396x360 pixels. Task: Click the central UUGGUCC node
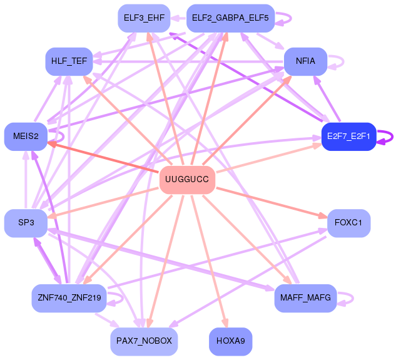pyautogui.click(x=188, y=180)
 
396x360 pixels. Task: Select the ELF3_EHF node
pyautogui.click(x=143, y=18)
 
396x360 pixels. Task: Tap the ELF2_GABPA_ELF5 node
pyautogui.click(x=230, y=18)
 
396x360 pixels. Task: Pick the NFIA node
pyautogui.click(x=305, y=62)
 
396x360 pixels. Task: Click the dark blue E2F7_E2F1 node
pyautogui.click(x=347, y=136)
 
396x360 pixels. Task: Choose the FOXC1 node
pyautogui.click(x=348, y=223)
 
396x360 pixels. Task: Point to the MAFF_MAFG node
pyautogui.click(x=305, y=297)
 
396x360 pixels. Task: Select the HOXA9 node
pyautogui.click(x=230, y=341)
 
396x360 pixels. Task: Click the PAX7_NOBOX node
pyautogui.click(x=143, y=341)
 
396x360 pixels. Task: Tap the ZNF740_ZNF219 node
pyautogui.click(x=69, y=298)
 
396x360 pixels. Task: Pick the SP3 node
pyautogui.click(x=26, y=223)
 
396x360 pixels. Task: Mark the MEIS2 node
pyautogui.click(x=26, y=136)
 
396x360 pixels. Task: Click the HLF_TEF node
pyautogui.click(x=69, y=62)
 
